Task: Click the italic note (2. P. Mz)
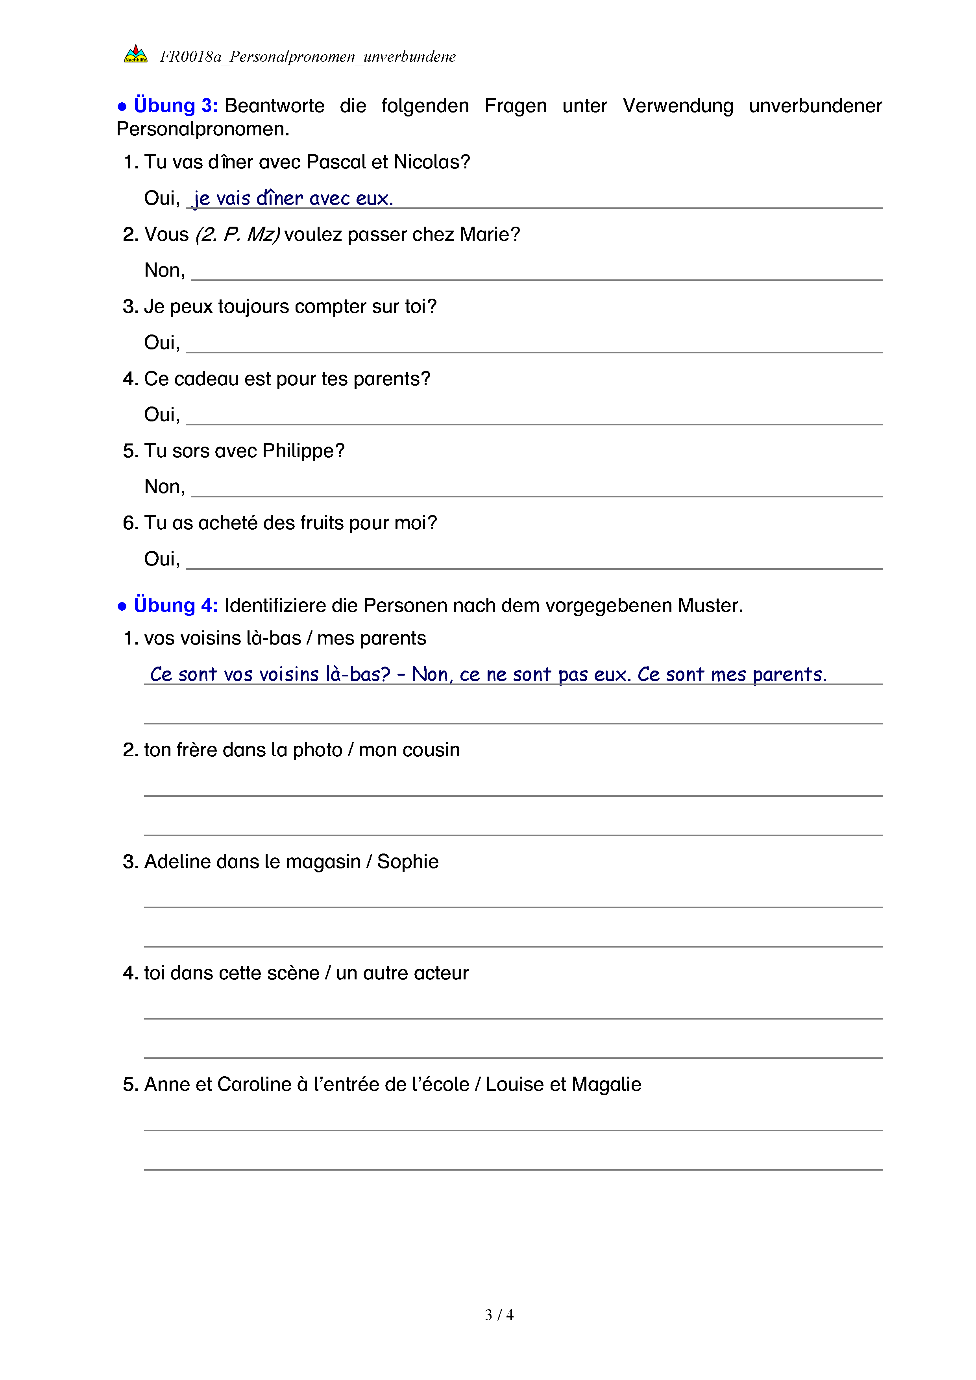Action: (x=237, y=235)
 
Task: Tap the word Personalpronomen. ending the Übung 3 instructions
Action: (x=203, y=129)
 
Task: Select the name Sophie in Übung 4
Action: (x=407, y=862)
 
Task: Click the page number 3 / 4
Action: (x=499, y=1315)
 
